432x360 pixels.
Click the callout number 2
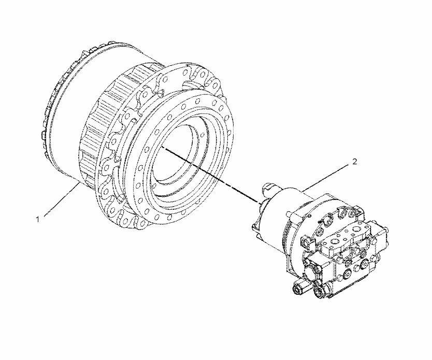click(355, 162)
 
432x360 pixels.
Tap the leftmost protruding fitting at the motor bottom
click(299, 288)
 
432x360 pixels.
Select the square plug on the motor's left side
click(307, 242)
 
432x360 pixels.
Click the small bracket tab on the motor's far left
click(255, 226)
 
